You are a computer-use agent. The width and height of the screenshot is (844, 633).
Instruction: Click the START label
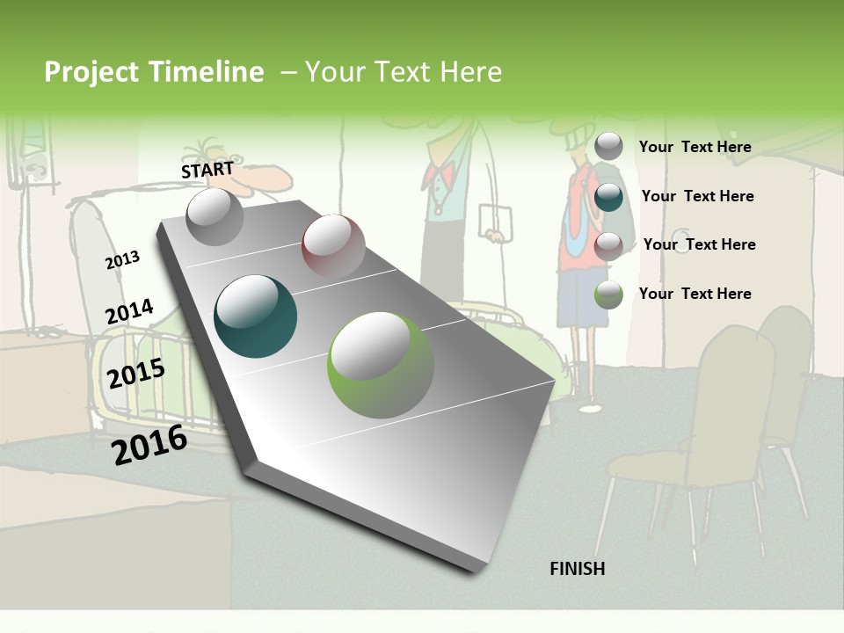pyautogui.click(x=207, y=170)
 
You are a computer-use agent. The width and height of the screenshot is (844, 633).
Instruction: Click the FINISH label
pyautogui.click(x=577, y=569)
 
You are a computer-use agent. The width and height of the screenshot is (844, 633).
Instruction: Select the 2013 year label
pyautogui.click(x=122, y=260)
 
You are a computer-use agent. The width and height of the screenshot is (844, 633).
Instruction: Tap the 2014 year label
pyautogui.click(x=129, y=312)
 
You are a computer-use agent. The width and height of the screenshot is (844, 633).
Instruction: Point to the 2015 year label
pyautogui.click(x=136, y=374)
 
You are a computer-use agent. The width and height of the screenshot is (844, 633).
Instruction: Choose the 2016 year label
pyautogui.click(x=149, y=445)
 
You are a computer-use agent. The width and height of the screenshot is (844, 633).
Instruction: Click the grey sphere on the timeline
pyautogui.click(x=215, y=216)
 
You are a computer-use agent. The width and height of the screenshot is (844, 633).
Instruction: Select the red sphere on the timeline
pyautogui.click(x=333, y=246)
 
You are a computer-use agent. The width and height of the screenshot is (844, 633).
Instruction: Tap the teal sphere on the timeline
pyautogui.click(x=255, y=316)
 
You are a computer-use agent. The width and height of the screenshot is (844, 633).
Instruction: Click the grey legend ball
pyautogui.click(x=608, y=147)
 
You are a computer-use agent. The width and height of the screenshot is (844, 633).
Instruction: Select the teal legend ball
pyautogui.click(x=608, y=197)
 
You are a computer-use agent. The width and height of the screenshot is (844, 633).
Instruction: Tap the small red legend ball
pyautogui.click(x=608, y=246)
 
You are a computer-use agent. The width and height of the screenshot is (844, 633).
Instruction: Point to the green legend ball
pyautogui.click(x=608, y=295)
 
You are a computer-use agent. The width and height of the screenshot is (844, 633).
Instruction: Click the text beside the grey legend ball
pyautogui.click(x=695, y=147)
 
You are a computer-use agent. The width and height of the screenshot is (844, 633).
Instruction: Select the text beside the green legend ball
pyautogui.click(x=695, y=294)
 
